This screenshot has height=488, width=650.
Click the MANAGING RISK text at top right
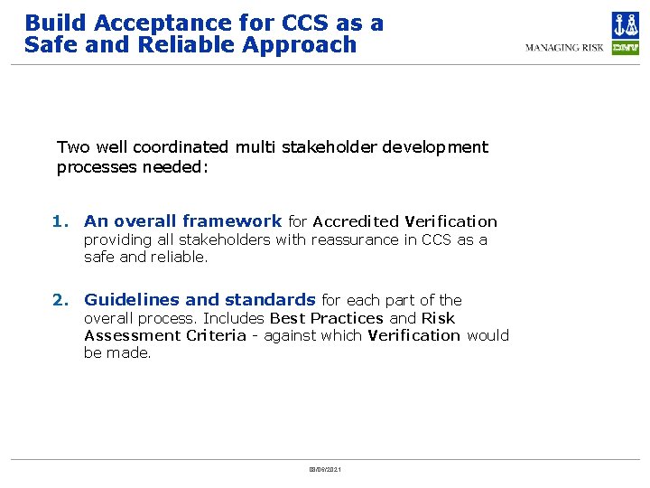(x=564, y=47)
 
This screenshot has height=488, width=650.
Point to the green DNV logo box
(x=625, y=47)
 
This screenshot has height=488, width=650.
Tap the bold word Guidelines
(x=132, y=300)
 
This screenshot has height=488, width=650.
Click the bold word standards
(x=270, y=300)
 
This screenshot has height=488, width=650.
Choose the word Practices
(x=347, y=318)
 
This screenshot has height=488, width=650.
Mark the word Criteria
(x=216, y=335)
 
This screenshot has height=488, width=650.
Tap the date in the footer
(x=325, y=470)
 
